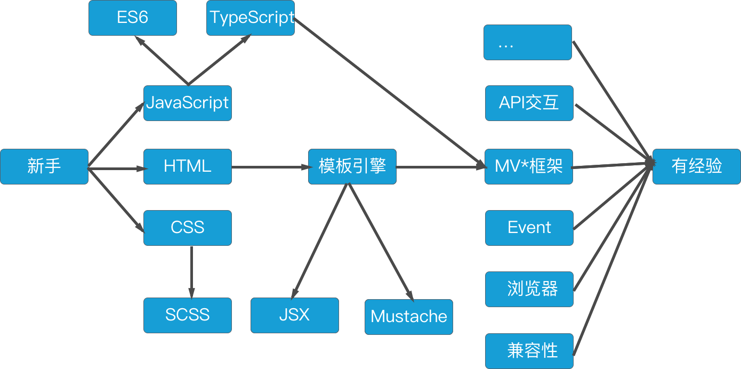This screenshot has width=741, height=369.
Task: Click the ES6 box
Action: (x=133, y=18)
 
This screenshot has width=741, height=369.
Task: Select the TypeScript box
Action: (x=251, y=18)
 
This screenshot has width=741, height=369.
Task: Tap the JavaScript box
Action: (x=188, y=103)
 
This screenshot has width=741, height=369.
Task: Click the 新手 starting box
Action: (x=44, y=166)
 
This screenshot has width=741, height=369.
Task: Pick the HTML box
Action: (x=188, y=166)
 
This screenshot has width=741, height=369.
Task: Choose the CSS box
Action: (x=188, y=228)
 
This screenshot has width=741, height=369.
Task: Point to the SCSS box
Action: (x=188, y=315)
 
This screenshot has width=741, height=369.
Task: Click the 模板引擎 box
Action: (x=352, y=166)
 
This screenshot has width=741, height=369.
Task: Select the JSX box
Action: (x=295, y=315)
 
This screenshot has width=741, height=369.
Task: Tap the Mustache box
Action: (x=409, y=317)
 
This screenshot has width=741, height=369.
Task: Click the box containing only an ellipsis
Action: (x=528, y=42)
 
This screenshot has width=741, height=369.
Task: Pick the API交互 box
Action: (x=529, y=103)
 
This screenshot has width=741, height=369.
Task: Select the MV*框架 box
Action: (x=529, y=166)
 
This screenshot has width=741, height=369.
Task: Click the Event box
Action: (x=529, y=228)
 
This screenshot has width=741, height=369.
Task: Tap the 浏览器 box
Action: (x=529, y=289)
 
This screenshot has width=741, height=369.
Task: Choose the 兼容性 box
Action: (x=529, y=351)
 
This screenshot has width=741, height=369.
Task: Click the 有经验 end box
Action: (x=697, y=166)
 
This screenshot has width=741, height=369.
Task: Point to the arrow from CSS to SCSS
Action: (x=191, y=272)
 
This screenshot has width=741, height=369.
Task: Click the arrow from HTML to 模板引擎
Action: (x=272, y=167)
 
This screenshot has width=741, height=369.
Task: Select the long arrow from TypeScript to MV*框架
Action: (x=390, y=93)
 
